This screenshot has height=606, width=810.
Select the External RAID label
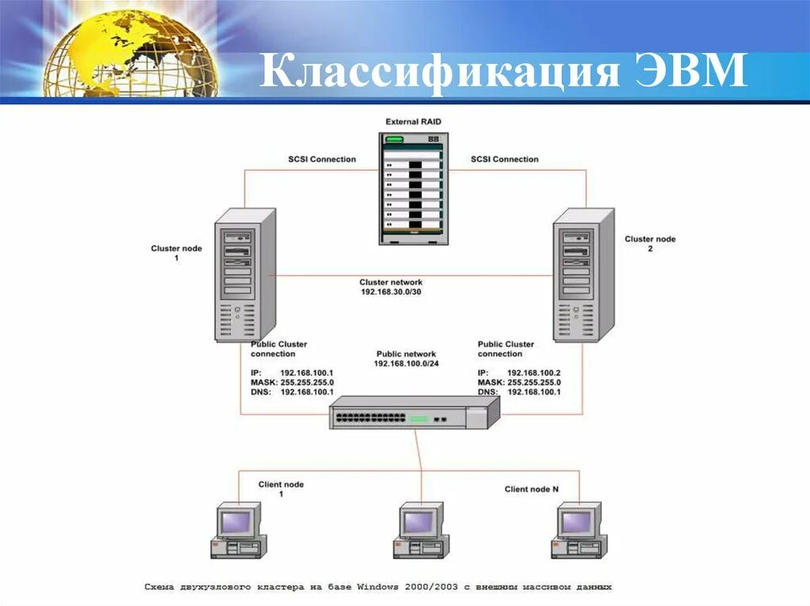click(413, 122)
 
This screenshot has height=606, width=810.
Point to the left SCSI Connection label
click(322, 160)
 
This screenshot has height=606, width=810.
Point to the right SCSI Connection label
click(505, 160)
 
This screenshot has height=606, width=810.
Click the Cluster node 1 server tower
click(244, 274)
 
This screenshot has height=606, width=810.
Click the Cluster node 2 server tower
click(583, 274)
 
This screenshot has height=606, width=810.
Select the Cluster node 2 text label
click(650, 243)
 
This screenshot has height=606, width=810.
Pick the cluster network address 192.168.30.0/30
click(391, 292)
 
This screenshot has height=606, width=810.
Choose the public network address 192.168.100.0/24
click(406, 364)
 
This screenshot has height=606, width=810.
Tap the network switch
click(414, 412)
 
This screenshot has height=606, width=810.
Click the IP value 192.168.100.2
click(533, 373)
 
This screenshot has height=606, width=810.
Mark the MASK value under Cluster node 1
click(307, 382)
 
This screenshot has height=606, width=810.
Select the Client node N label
click(532, 490)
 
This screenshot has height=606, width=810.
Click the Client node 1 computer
click(237, 529)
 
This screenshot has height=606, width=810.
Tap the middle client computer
click(420, 529)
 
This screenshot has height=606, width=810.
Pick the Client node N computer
click(577, 529)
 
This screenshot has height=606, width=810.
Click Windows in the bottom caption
click(377, 587)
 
